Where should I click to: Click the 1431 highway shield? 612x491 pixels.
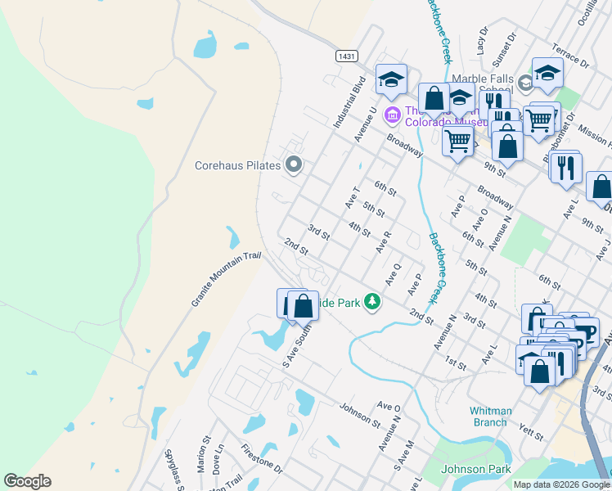[x=347, y=56]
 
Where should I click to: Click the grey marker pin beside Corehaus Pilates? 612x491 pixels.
[x=295, y=166]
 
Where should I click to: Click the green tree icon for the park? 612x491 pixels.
[x=372, y=302]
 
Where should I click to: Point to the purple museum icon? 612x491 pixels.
[x=392, y=115]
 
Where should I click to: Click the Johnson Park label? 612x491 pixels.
[x=475, y=469]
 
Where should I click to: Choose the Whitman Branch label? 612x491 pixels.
[x=491, y=417]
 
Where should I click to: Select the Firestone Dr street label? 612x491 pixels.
[x=262, y=460]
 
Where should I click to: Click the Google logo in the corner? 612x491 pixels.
[x=27, y=481]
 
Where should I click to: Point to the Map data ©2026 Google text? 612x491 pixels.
[x=562, y=484]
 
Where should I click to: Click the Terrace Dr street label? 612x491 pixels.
[x=570, y=56]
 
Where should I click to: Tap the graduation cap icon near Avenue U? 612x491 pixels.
[x=391, y=79]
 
